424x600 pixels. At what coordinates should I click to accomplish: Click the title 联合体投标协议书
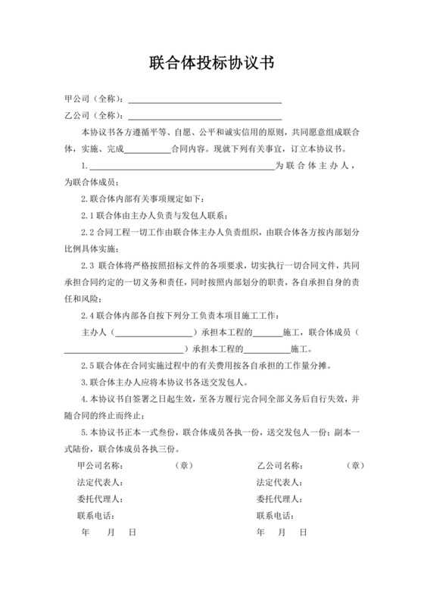click(x=211, y=61)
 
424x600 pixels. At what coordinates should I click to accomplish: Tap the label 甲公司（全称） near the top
click(x=94, y=99)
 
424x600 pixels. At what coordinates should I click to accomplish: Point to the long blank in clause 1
click(x=181, y=167)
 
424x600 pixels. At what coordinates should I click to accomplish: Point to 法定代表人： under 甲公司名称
click(x=99, y=483)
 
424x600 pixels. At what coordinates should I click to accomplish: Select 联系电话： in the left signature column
click(x=99, y=516)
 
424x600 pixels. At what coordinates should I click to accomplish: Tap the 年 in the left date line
click(x=84, y=533)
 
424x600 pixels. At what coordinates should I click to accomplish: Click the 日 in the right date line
click(x=304, y=533)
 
